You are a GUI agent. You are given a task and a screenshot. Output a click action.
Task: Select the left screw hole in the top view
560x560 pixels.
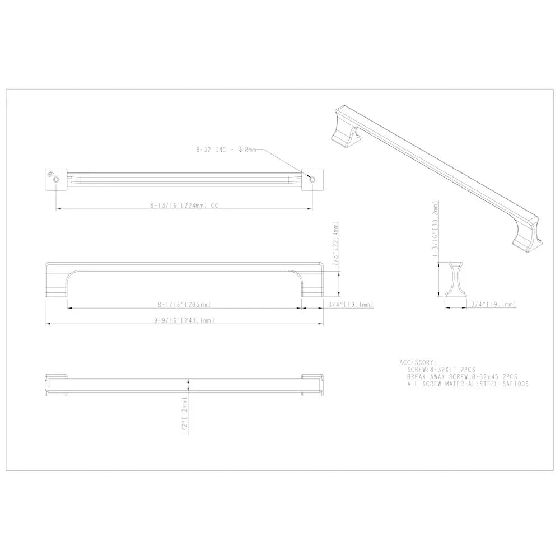56,180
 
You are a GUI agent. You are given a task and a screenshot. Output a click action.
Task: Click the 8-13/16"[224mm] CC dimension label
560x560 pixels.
184,206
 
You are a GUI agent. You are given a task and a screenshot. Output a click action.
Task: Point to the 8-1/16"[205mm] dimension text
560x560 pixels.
184,304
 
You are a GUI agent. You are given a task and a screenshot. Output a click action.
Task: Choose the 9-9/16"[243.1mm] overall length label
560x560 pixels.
184,320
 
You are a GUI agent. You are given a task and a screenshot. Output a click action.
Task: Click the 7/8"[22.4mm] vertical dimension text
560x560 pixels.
335,244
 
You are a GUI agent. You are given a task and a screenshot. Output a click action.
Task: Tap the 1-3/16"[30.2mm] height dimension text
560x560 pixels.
435,234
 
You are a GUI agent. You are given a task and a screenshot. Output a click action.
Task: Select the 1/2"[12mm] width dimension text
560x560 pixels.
185,416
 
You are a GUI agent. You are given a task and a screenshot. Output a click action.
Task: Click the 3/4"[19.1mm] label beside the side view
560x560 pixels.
351,304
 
